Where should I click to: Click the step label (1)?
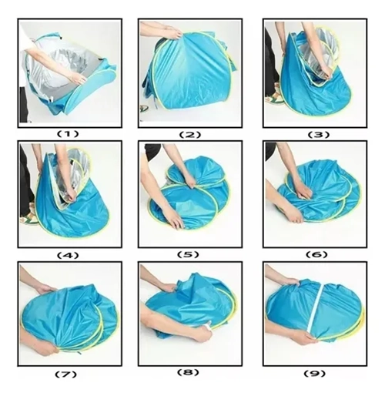pyautogui.click(x=67, y=134)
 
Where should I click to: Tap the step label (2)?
pyautogui.click(x=190, y=135)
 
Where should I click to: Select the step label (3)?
pyautogui.click(x=318, y=135)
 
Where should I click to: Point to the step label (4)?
pyautogui.click(x=67, y=255)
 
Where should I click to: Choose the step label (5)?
pyautogui.click(x=188, y=254)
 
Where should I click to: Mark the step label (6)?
pyautogui.click(x=316, y=254)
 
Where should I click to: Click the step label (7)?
pyautogui.click(x=65, y=374)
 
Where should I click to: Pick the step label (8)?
pyautogui.click(x=188, y=372)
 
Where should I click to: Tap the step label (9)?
pyautogui.click(x=314, y=374)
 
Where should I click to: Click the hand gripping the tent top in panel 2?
pyautogui.click(x=172, y=33)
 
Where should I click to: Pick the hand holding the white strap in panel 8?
pyautogui.click(x=202, y=333)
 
